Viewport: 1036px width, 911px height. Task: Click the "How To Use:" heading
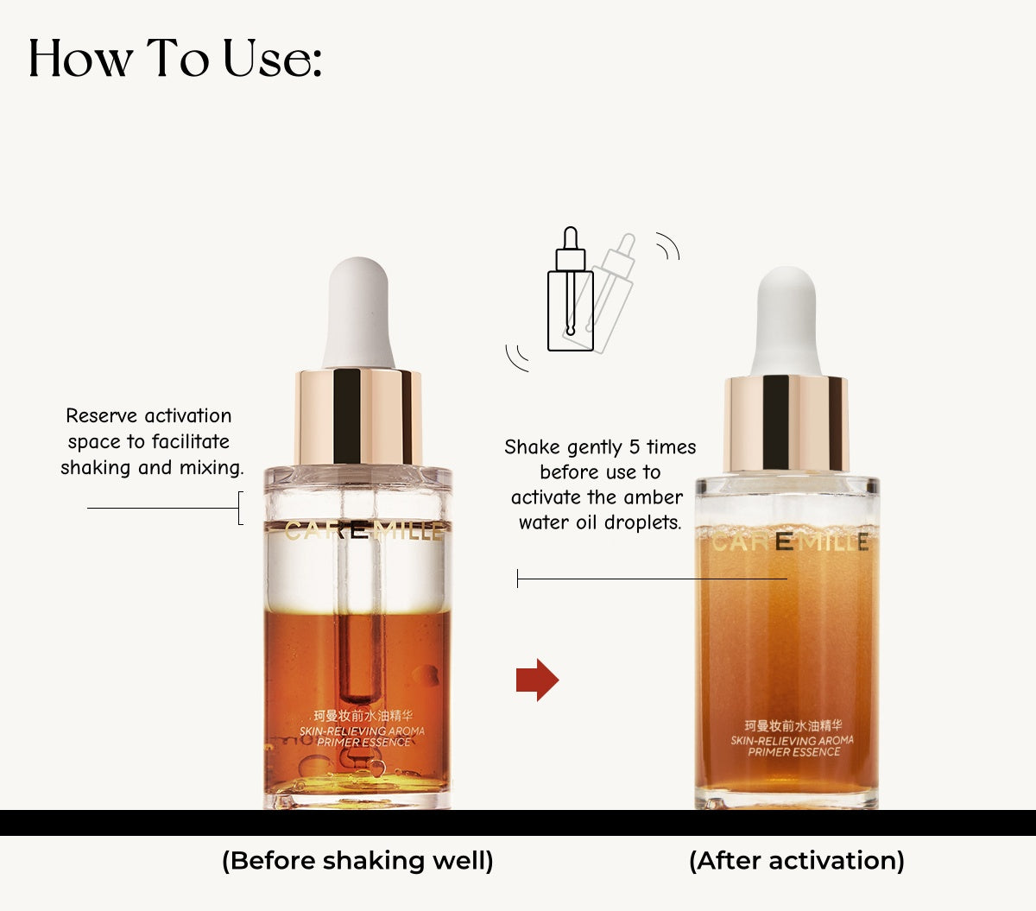[x=175, y=59]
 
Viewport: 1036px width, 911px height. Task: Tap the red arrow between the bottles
[x=537, y=680]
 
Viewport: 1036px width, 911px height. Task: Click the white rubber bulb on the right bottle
[x=786, y=319]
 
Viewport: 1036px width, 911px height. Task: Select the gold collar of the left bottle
[x=358, y=416]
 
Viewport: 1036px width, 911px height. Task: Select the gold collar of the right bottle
[x=786, y=423]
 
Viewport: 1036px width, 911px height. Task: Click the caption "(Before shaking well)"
[x=357, y=861]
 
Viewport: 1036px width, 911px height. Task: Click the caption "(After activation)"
[x=796, y=861]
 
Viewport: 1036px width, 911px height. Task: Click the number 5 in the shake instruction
[x=635, y=447]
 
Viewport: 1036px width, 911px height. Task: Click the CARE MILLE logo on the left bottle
[x=363, y=531]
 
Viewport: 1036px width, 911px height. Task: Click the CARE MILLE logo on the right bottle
[x=789, y=542]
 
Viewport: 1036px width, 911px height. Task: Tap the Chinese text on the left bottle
[x=363, y=716]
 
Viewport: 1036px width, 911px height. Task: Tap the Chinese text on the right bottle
[x=793, y=725]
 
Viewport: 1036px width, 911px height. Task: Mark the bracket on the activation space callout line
[x=240, y=508]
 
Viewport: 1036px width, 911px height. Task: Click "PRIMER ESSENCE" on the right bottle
[x=793, y=752]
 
